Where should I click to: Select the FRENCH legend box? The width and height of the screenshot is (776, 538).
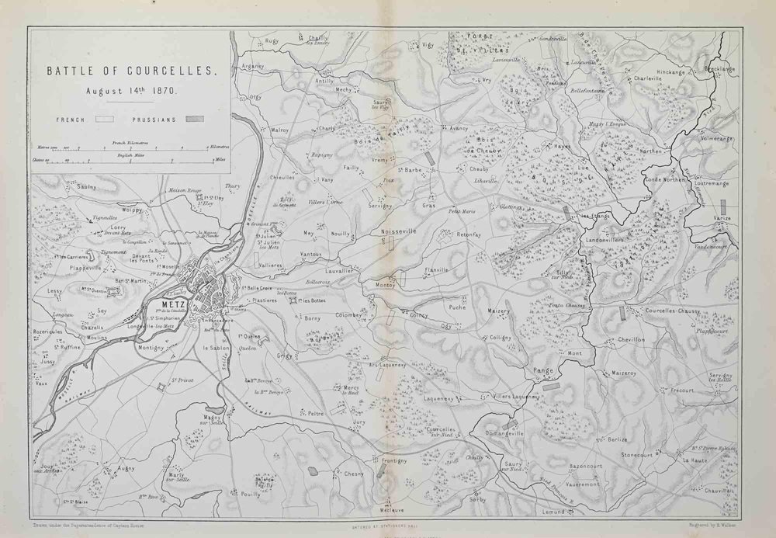click(x=105, y=120)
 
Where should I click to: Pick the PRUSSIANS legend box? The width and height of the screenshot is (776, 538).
click(x=194, y=120)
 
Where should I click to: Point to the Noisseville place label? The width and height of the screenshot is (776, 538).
click(x=399, y=231)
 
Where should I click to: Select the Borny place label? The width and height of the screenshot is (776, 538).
click(x=312, y=318)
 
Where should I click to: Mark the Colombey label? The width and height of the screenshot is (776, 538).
click(x=348, y=315)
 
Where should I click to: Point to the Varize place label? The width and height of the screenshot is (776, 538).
click(x=722, y=219)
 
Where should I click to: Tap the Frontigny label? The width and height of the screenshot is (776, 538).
click(x=394, y=460)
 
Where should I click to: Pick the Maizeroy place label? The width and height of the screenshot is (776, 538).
click(x=623, y=373)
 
